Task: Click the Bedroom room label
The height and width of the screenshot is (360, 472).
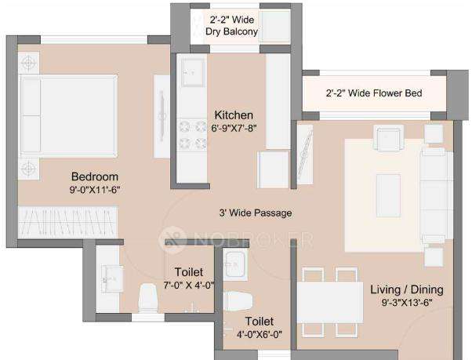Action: (x=94, y=176)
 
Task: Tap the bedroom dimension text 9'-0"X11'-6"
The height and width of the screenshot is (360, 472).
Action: (x=94, y=189)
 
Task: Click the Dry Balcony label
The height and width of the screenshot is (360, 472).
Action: (x=233, y=32)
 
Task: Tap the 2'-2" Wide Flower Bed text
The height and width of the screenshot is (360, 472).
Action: (x=374, y=93)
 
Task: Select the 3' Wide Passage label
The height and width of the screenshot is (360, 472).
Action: (x=256, y=213)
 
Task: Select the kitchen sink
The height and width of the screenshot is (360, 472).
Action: (x=191, y=75)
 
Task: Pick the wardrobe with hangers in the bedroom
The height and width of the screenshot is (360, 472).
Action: (x=69, y=220)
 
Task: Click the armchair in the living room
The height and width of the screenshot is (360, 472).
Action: (x=388, y=139)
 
